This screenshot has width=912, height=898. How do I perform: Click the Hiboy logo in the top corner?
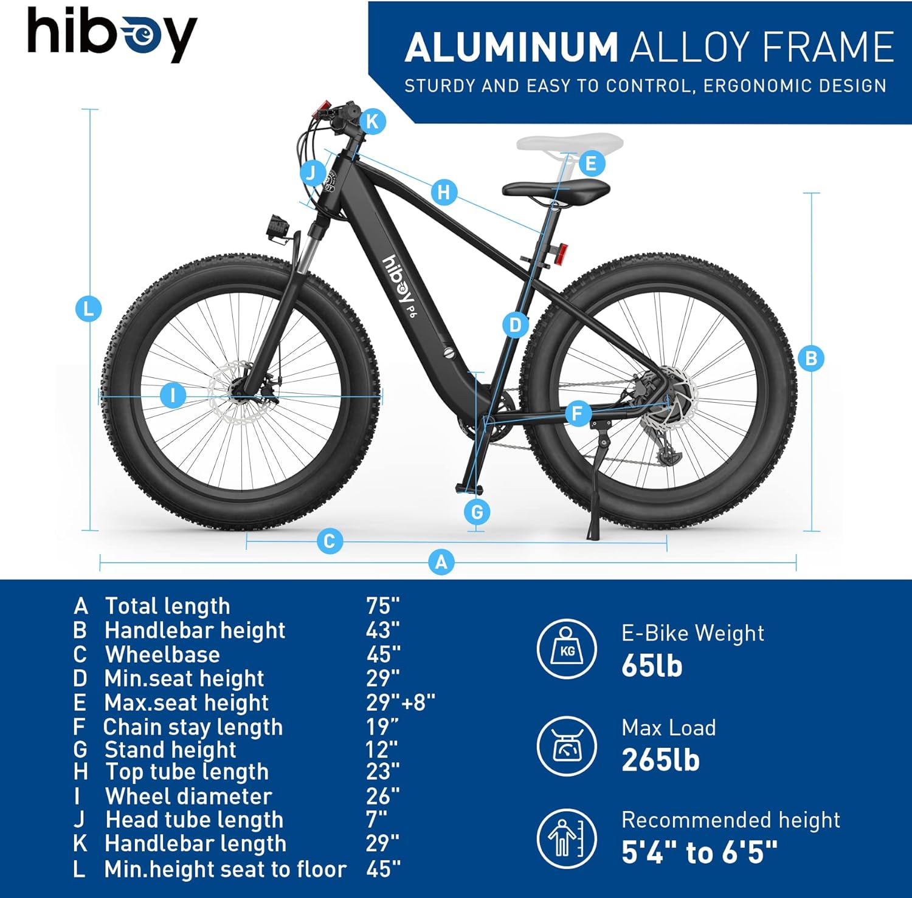112,34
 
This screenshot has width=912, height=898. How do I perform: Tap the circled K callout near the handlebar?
372,122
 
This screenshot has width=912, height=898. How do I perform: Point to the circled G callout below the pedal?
477,512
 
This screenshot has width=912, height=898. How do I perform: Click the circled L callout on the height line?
89,309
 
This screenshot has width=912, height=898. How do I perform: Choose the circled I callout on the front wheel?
173,396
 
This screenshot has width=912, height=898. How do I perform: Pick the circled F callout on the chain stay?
578,414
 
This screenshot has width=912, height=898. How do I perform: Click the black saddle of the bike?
556,191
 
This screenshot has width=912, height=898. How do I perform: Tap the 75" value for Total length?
383,606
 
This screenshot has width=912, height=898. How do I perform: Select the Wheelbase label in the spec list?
162,654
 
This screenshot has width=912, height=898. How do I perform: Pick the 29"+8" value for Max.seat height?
401,702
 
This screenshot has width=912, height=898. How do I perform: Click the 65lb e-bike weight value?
652,666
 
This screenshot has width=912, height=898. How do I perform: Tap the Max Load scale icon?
567,745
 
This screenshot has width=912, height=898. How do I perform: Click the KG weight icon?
567,650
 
